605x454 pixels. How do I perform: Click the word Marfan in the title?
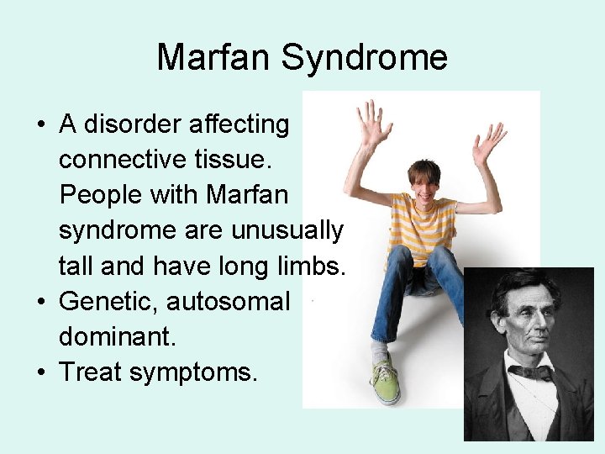tap(214, 58)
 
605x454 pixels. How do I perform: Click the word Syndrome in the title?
tap(364, 58)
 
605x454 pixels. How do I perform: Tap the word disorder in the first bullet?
tap(143, 124)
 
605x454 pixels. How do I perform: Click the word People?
tap(101, 194)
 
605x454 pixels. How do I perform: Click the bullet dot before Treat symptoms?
tap(40, 371)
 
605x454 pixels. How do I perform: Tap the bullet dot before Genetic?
tap(40, 300)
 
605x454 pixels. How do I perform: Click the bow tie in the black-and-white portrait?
tap(530, 371)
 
